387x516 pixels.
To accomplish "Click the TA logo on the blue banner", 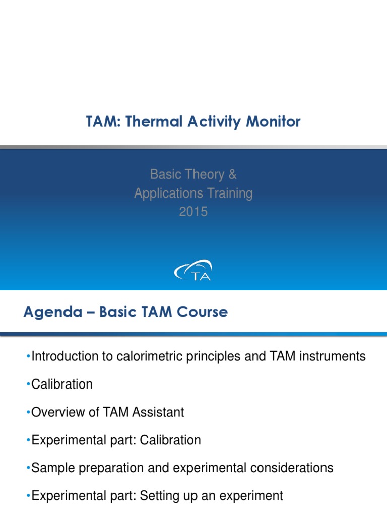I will pyautogui.click(x=193, y=270).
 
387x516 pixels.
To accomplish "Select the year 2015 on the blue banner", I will pyautogui.click(x=193, y=212).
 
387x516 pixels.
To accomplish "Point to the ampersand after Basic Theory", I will pyautogui.click(x=232, y=175).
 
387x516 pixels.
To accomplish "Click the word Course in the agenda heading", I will pyautogui.click(x=204, y=312).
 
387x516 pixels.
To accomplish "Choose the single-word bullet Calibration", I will pyautogui.click(x=61, y=384).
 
